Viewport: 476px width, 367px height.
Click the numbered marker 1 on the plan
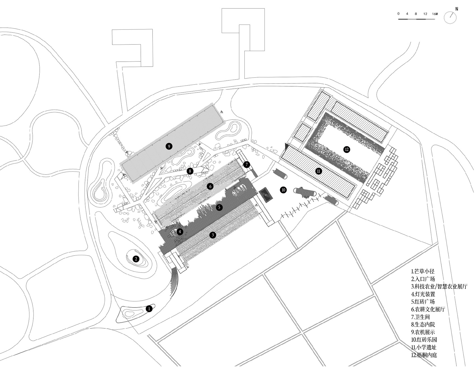(x=149, y=309)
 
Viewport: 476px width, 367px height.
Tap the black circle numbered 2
(x=136, y=259)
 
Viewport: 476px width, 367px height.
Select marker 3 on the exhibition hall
(x=213, y=235)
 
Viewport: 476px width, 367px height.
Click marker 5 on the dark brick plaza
(x=220, y=207)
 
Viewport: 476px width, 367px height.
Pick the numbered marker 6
(x=210, y=186)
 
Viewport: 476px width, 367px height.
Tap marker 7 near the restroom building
(x=246, y=164)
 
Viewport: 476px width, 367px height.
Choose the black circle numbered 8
(x=190, y=171)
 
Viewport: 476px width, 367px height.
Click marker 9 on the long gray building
(x=169, y=146)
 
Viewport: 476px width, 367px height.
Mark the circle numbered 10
(x=283, y=190)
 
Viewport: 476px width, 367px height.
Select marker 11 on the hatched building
(x=318, y=171)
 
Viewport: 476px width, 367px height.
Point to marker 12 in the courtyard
(x=347, y=149)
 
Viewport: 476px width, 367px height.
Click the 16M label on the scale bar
(x=435, y=14)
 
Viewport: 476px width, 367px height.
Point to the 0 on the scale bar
(x=399, y=14)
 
